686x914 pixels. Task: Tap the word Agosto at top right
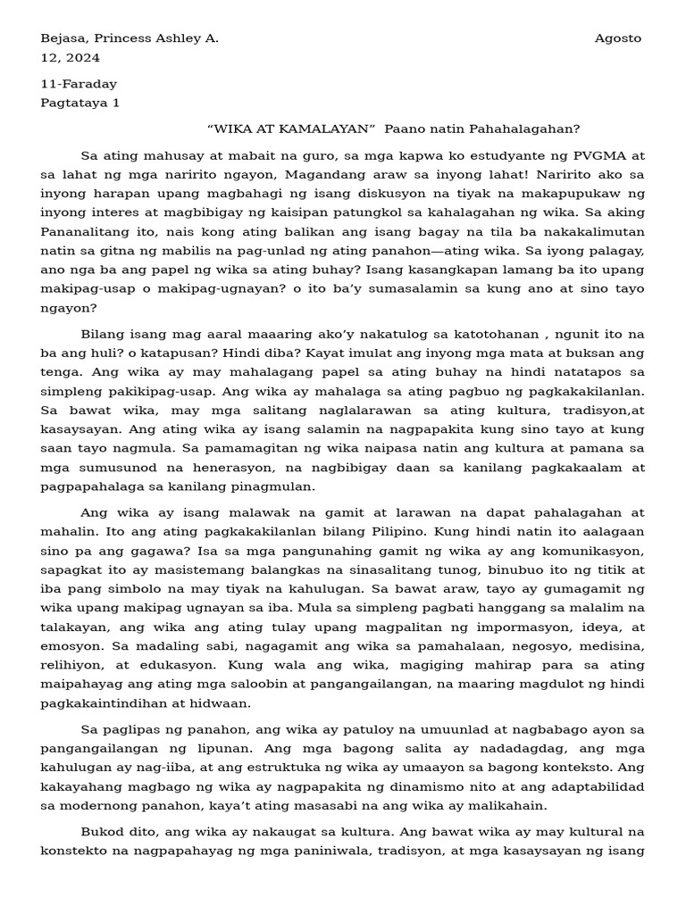(618, 38)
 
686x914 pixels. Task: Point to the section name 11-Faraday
(79, 84)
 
